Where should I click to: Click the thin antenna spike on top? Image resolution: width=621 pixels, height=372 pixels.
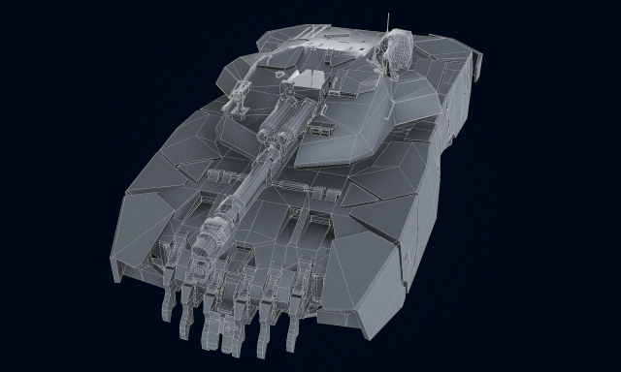click(x=389, y=20)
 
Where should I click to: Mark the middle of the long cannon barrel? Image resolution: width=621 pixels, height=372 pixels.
click(x=254, y=178)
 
